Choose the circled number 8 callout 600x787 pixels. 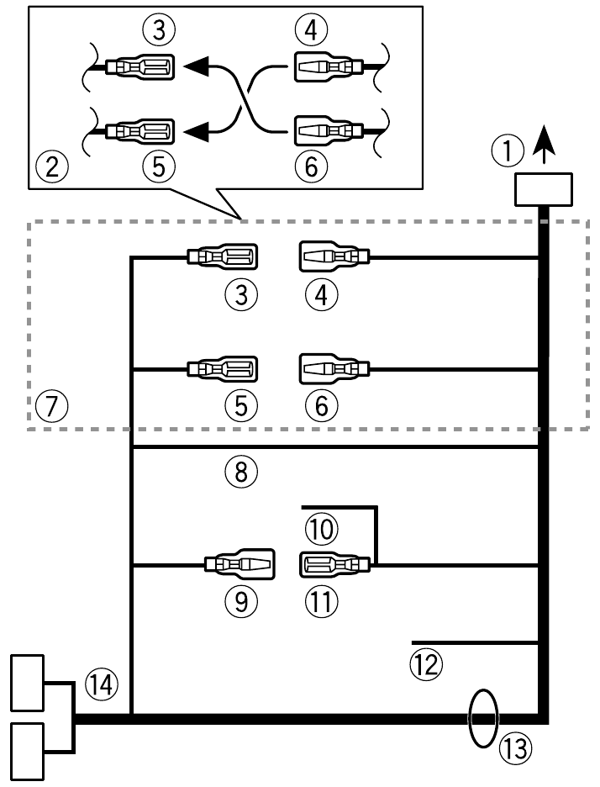click(242, 472)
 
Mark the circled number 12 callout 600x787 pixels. click(426, 664)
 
